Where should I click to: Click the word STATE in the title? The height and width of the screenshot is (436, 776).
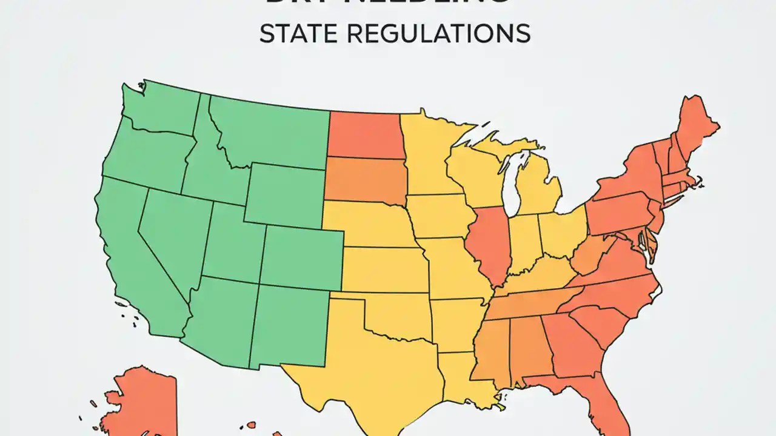293,34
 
